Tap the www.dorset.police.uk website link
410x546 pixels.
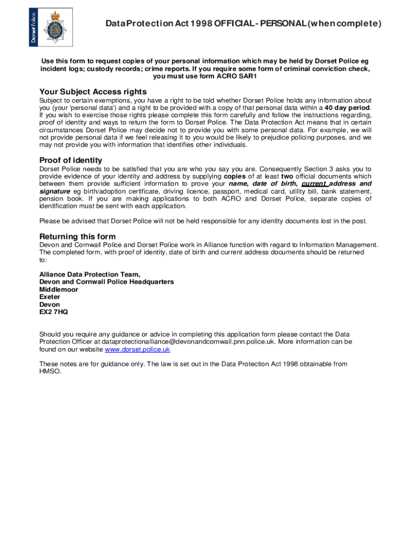(x=137, y=349)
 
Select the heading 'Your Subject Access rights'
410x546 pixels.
(x=93, y=91)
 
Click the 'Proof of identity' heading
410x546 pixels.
(x=71, y=160)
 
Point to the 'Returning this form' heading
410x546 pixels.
(x=77, y=236)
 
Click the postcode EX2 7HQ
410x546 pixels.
(x=53, y=312)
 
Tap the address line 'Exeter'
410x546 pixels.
(x=50, y=296)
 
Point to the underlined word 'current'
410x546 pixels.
(x=314, y=183)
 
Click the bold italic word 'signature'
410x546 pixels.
(x=54, y=191)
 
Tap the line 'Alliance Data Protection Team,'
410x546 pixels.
(x=90, y=274)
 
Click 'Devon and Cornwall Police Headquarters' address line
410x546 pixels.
(x=106, y=282)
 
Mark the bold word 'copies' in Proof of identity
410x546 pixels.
(x=235, y=176)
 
